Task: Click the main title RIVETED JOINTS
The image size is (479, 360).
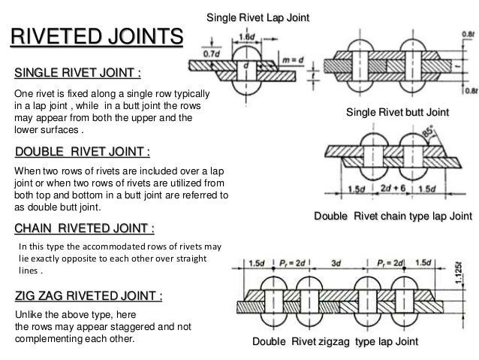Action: click(95, 37)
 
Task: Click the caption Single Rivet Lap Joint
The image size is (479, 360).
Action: click(258, 17)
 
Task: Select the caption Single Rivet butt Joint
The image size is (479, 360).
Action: click(397, 112)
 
